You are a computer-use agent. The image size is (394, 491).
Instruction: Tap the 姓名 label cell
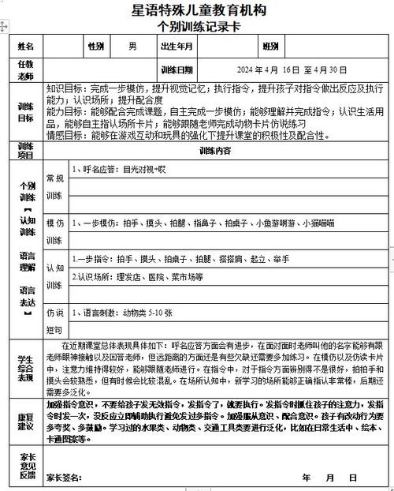click(x=26, y=47)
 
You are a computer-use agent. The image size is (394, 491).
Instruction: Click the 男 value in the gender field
click(x=132, y=47)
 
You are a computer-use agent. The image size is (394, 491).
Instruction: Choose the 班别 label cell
click(x=270, y=47)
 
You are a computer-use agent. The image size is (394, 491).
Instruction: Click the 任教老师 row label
click(x=26, y=68)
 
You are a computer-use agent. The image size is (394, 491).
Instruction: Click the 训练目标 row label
click(x=26, y=112)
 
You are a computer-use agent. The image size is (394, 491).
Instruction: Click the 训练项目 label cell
click(x=26, y=150)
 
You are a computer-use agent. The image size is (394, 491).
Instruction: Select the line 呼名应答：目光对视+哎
click(x=119, y=169)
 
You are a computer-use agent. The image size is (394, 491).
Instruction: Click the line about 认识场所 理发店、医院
click(x=139, y=277)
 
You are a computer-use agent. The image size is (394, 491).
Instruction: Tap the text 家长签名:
click(x=63, y=478)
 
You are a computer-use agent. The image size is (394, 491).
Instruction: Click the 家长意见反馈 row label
click(x=26, y=466)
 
